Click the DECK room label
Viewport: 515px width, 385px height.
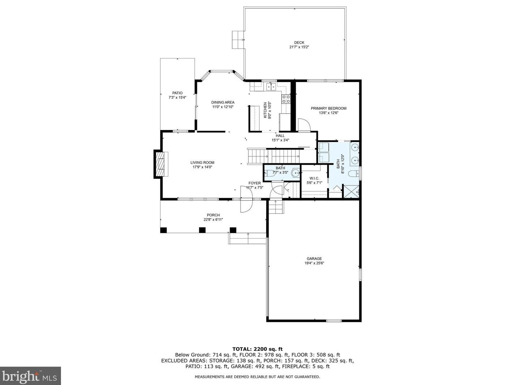(x=299, y=43)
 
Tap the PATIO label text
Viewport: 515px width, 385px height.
(x=177, y=93)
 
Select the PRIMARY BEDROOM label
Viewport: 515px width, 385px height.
(x=328, y=108)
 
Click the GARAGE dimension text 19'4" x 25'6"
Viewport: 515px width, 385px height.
(x=314, y=263)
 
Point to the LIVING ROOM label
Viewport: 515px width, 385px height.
(x=202, y=163)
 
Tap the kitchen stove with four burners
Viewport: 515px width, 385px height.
(x=286, y=99)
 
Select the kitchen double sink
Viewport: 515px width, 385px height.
(x=271, y=87)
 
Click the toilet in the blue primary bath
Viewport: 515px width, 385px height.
(x=353, y=174)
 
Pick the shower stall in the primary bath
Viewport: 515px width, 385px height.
(x=350, y=191)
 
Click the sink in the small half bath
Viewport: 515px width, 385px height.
(x=296, y=173)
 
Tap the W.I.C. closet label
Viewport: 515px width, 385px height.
(x=314, y=178)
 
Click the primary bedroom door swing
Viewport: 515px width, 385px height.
(x=304, y=125)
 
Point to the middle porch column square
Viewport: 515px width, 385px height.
(x=202, y=230)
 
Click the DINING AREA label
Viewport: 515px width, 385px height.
(x=223, y=102)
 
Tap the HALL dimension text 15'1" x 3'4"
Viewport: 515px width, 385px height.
(x=280, y=140)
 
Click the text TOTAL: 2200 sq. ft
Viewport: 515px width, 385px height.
(x=257, y=349)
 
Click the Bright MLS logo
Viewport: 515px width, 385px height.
(x=30, y=376)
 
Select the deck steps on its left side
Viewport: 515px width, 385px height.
(x=237, y=40)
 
